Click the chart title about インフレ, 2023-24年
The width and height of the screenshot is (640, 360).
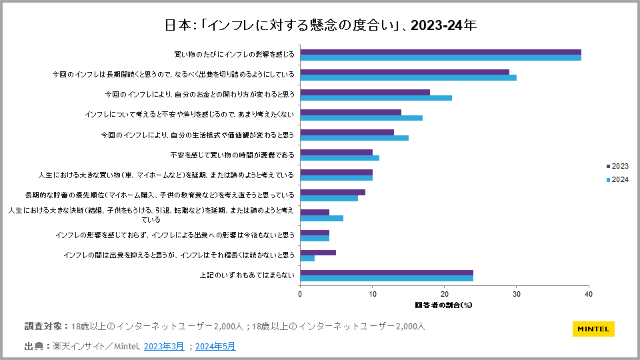(320, 25)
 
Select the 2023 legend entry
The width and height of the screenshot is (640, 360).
(616, 166)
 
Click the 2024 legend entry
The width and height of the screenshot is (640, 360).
(616, 180)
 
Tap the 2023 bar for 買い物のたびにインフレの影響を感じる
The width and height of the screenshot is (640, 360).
(441, 52)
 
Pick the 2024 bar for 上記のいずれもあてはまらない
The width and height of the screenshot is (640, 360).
(387, 278)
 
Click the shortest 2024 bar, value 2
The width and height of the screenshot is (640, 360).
(307, 258)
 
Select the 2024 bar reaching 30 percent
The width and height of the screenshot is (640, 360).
(408, 77)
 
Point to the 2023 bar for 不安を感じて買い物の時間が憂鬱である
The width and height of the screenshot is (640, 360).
(337, 152)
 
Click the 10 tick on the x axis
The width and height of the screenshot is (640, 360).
(373, 293)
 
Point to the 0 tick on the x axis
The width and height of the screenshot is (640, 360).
(301, 293)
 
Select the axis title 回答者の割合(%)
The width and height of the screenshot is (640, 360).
(444, 305)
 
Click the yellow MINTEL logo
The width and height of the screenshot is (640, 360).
(593, 329)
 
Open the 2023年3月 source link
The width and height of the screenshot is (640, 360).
(163, 346)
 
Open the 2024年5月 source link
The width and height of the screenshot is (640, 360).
(215, 346)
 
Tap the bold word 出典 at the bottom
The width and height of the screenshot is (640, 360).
(34, 346)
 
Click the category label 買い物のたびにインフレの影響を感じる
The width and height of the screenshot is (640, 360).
(234, 55)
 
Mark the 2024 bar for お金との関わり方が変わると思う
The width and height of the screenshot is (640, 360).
(376, 97)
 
